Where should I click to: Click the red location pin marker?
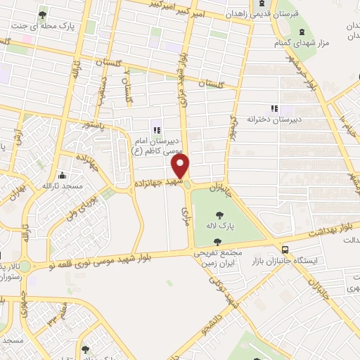181,167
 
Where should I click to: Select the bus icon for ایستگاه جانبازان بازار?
285,249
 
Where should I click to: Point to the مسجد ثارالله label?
63,186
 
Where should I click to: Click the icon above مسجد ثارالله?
63,174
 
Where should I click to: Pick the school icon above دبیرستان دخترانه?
274,108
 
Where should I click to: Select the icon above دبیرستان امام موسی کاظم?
156,129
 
